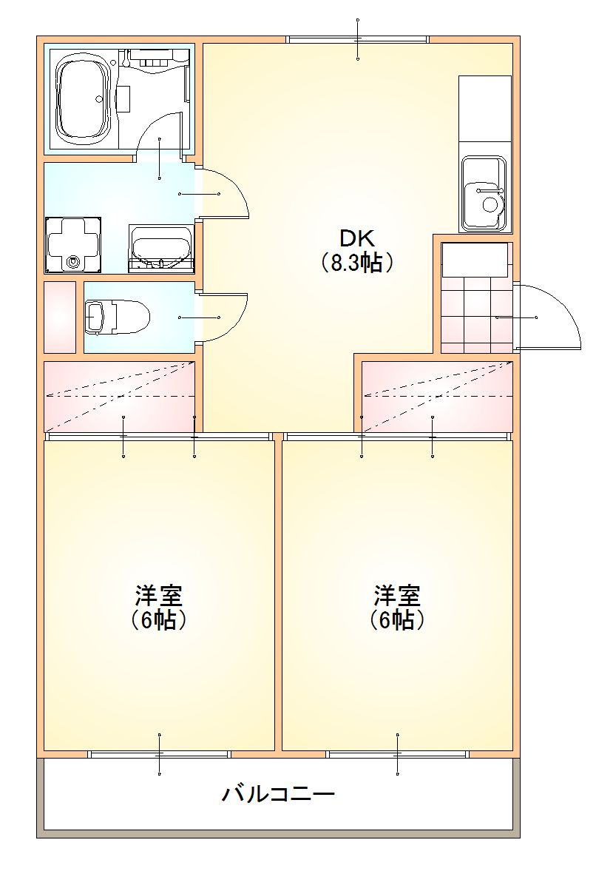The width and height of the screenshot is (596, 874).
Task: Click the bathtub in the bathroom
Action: click(84, 100)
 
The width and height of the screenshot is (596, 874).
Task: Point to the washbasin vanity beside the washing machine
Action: click(160, 248)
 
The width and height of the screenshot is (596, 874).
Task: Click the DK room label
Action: click(357, 238)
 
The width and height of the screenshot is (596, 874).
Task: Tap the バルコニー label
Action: click(279, 795)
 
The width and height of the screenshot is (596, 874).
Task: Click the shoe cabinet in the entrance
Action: click(475, 260)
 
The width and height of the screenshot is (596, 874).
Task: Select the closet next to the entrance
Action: click(436, 397)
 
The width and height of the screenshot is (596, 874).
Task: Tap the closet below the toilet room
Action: click(119, 397)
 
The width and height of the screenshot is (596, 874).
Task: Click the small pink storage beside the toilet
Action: click(60, 317)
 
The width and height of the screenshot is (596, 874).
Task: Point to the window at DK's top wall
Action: click(358, 39)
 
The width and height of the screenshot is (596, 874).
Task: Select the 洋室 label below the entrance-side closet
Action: click(397, 595)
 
